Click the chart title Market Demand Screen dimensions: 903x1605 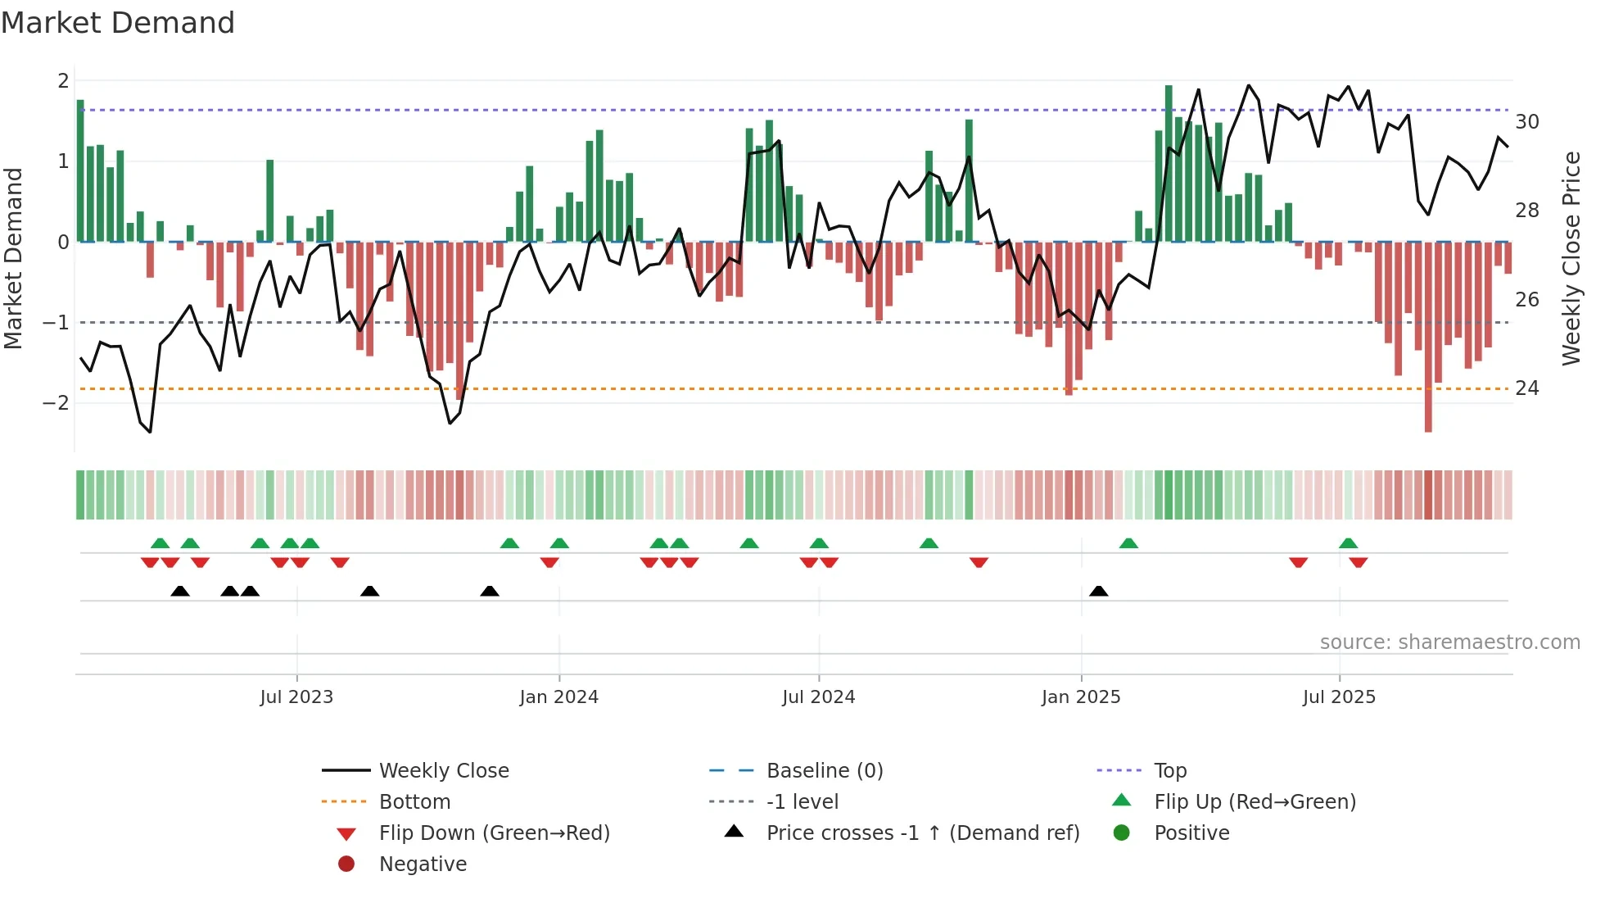[118, 23]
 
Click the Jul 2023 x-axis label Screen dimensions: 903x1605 [296, 697]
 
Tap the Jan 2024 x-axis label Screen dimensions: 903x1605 [558, 697]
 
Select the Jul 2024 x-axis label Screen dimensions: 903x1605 [818, 697]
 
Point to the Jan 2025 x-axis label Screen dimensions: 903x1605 [1081, 697]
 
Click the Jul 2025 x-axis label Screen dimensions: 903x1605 [1339, 697]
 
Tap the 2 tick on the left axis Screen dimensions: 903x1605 [63, 81]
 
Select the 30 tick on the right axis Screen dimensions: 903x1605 [1527, 122]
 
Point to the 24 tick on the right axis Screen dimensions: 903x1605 [1527, 388]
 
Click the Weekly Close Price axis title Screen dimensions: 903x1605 [1571, 258]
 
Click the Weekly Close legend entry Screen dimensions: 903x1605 [443, 771]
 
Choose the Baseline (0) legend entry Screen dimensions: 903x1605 [824, 771]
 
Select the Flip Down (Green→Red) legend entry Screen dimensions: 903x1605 [494, 833]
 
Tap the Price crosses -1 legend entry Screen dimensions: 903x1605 [922, 833]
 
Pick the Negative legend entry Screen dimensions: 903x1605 [423, 864]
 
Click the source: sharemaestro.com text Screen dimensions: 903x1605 [1449, 642]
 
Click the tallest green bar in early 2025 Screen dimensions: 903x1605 [1169, 164]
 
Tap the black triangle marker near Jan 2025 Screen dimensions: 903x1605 [1099, 591]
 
